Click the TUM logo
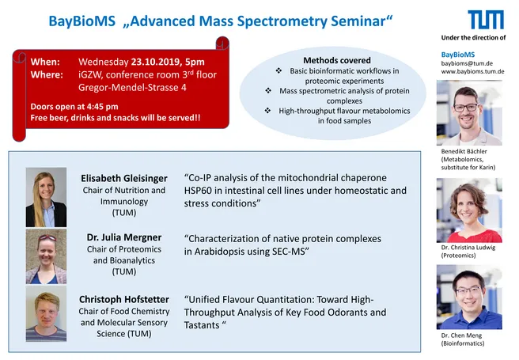[x=486, y=20]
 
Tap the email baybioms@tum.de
[x=467, y=63]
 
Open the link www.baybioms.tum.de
[x=472, y=71]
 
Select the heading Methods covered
[x=337, y=60]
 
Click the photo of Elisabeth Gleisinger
[x=47, y=197]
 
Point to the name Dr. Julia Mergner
[x=124, y=237]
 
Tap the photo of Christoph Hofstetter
[x=47, y=313]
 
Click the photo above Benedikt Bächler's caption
[x=469, y=113]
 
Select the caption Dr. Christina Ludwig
[x=468, y=248]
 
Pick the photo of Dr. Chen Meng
[x=469, y=297]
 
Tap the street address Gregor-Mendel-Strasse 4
[x=132, y=87]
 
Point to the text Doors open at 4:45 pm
[x=74, y=107]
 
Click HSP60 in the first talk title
[x=198, y=191]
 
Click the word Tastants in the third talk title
[x=202, y=325]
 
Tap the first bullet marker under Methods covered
[x=278, y=70]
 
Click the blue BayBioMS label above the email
[x=458, y=55]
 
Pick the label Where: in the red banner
[x=47, y=75]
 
